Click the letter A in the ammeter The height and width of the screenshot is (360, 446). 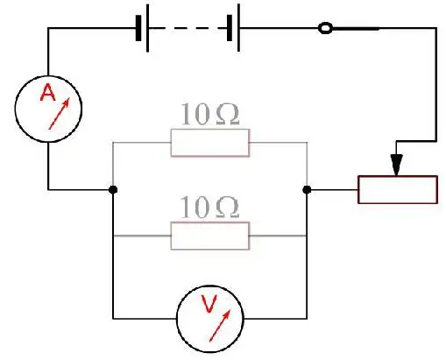47,93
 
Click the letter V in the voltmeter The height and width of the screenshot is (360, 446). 209,304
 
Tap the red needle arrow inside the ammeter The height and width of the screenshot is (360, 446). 60,113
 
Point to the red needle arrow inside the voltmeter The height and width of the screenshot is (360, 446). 220,325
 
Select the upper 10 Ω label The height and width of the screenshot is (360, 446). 210,114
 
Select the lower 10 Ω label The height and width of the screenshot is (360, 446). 209,207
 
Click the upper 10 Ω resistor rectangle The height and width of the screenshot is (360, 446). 210,143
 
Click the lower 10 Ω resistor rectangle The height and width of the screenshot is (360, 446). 210,236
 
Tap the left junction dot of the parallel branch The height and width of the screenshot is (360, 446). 113,190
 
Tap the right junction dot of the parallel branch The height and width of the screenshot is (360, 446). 307,190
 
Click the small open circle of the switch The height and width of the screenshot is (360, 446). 325,28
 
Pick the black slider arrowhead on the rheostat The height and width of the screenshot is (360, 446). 396,165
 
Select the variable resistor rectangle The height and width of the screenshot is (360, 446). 398,189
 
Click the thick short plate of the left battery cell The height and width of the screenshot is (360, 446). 138,28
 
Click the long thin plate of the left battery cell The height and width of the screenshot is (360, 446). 147,28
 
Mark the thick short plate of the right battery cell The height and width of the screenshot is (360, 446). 230,28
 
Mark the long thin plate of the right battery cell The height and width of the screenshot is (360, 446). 239,28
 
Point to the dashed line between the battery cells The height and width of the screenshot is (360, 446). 188,28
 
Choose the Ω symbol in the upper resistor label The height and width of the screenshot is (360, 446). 228,115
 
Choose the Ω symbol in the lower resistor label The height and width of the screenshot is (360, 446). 227,208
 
